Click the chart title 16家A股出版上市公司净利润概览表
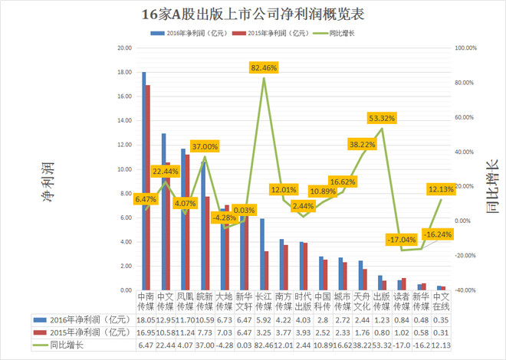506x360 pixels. pyautogui.click(x=252, y=13)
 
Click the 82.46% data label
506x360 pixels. pyautogui.click(x=264, y=68)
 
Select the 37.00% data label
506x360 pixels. pyautogui.click(x=205, y=146)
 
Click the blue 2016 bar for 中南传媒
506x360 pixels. pyautogui.click(x=143, y=181)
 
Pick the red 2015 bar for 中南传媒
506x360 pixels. pyautogui.click(x=148, y=188)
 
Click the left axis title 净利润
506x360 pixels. pyautogui.click(x=47, y=185)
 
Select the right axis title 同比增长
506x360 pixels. pyautogui.click(x=488, y=185)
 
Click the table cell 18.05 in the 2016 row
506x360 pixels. pyautogui.click(x=145, y=319)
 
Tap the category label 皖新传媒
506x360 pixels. pyautogui.click(x=204, y=301)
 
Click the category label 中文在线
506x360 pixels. pyautogui.click(x=441, y=301)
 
